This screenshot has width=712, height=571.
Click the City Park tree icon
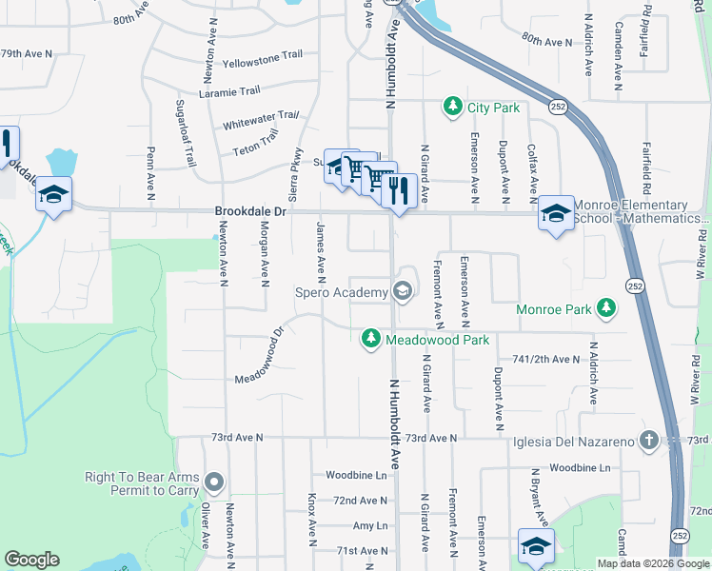click(x=454, y=107)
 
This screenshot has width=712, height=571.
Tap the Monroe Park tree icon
click(x=605, y=308)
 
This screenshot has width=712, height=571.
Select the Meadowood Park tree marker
click(x=371, y=338)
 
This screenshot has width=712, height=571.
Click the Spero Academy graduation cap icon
click(x=402, y=291)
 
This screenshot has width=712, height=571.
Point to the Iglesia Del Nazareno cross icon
click(x=648, y=440)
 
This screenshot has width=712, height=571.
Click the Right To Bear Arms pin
click(x=214, y=482)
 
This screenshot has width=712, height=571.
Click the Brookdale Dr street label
click(x=250, y=212)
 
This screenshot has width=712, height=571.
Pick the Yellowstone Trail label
click(x=254, y=63)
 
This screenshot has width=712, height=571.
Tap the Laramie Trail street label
click(x=229, y=92)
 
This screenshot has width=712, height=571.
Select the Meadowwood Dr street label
click(x=261, y=358)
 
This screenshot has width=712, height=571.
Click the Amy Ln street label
click(x=370, y=525)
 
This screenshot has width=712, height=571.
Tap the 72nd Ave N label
click(x=360, y=501)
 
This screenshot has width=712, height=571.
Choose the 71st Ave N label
click(x=360, y=551)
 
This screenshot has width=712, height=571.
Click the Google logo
click(x=31, y=560)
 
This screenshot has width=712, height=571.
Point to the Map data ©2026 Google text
click(x=652, y=563)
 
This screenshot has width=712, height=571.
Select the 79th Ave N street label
click(x=24, y=54)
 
